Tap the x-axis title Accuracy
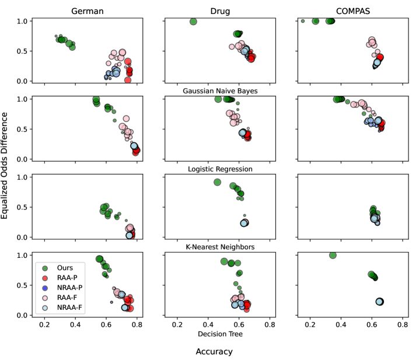point(214,351)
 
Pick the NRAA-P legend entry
point(68,288)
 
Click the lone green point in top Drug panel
point(193,22)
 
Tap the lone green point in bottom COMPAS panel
point(333,255)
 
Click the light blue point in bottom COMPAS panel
point(380,302)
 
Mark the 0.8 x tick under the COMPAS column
point(402,324)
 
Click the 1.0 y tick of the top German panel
point(23,21)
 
